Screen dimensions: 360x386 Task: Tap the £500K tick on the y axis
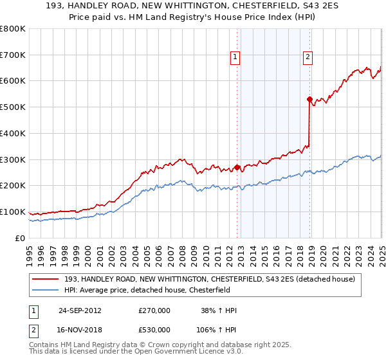(13, 107)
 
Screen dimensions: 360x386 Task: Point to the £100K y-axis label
(13, 212)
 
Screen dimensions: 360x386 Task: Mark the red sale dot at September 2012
(237, 167)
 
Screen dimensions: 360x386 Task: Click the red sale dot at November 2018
(309, 99)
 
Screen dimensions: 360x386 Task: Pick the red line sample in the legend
(46, 278)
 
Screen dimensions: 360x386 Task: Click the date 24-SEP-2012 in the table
(80, 310)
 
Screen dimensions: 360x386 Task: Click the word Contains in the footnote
(44, 345)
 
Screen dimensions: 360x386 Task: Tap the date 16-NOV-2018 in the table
(80, 330)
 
